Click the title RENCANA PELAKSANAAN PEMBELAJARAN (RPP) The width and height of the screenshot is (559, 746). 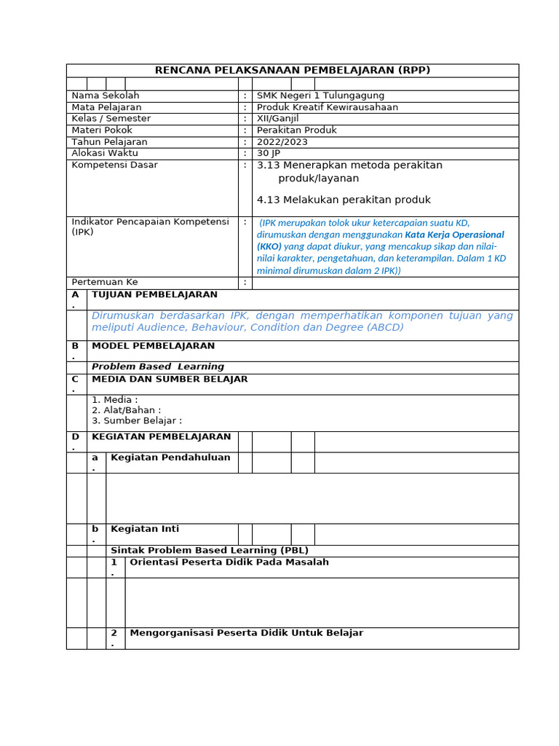293,70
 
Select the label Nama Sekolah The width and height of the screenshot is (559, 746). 106,95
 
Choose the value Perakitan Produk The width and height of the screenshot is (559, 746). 297,130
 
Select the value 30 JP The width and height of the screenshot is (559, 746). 269,153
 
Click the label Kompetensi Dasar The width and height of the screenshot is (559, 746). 114,165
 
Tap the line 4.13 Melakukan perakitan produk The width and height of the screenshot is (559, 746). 344,200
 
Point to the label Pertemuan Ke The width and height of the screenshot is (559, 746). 105,282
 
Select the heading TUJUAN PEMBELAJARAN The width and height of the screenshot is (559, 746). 154,294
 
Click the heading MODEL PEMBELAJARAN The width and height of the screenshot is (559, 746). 153,345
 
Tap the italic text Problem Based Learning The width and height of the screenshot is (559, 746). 158,366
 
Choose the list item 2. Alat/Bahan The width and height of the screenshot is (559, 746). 126,409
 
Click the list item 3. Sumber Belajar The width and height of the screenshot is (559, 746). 136,420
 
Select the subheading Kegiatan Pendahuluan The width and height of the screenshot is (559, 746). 170,458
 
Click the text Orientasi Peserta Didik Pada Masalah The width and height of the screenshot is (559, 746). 229,562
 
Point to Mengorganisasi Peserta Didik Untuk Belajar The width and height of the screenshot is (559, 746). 246,632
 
